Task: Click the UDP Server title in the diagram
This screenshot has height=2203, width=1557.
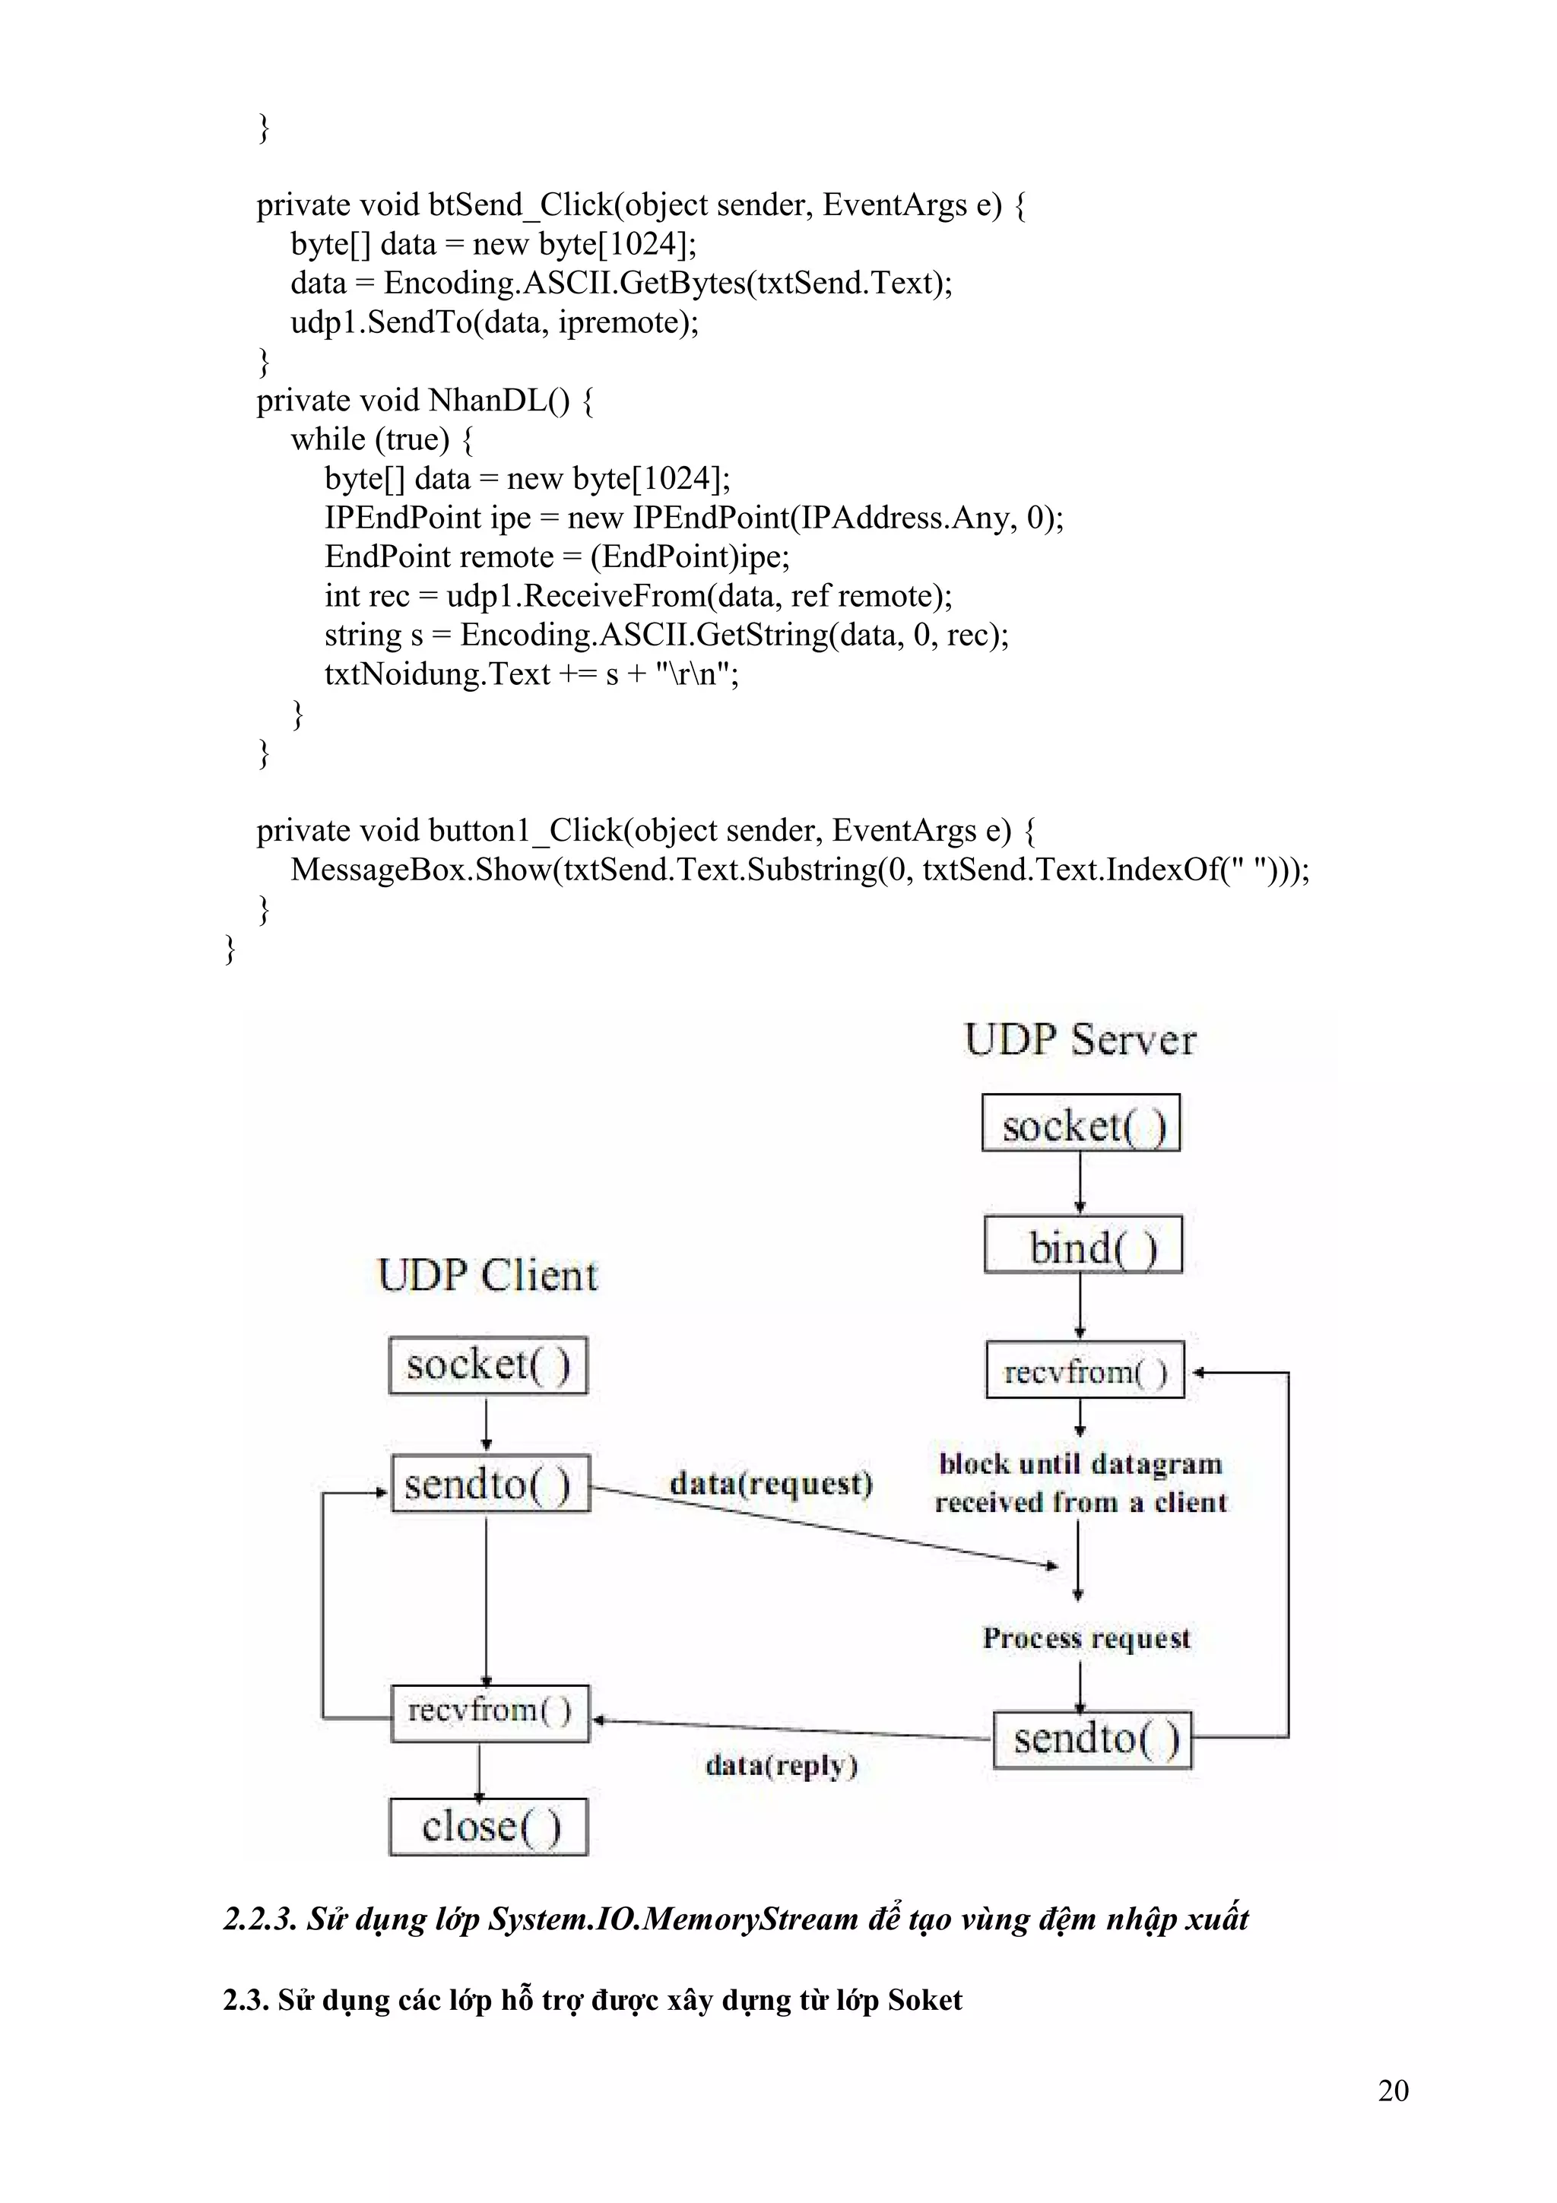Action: pyautogui.click(x=1080, y=1040)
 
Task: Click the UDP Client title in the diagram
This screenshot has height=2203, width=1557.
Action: pyautogui.click(x=487, y=1275)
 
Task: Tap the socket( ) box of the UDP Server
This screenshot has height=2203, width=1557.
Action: pyautogui.click(x=1081, y=1124)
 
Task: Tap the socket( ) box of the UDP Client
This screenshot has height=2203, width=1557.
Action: pyautogui.click(x=487, y=1365)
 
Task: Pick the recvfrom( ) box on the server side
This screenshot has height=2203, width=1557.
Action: pyautogui.click(x=1085, y=1371)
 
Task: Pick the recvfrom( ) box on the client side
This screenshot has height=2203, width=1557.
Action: pyautogui.click(x=490, y=1710)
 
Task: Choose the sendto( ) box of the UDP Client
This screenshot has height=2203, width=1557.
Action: pyautogui.click(x=490, y=1485)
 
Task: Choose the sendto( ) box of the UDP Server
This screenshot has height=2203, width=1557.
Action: pyautogui.click(x=1092, y=1738)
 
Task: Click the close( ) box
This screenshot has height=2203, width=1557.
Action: pyautogui.click(x=488, y=1826)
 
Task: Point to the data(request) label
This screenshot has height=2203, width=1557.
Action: pyautogui.click(x=772, y=1483)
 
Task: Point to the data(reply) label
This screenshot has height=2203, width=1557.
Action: pyautogui.click(x=781, y=1764)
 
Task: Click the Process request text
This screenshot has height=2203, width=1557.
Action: pyautogui.click(x=1086, y=1638)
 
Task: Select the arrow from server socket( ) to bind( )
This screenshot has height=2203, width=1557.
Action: pyautogui.click(x=1080, y=1183)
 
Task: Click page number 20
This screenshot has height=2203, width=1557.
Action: pyautogui.click(x=1393, y=2090)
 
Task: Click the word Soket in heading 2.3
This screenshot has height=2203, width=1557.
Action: pyautogui.click(x=924, y=1999)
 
